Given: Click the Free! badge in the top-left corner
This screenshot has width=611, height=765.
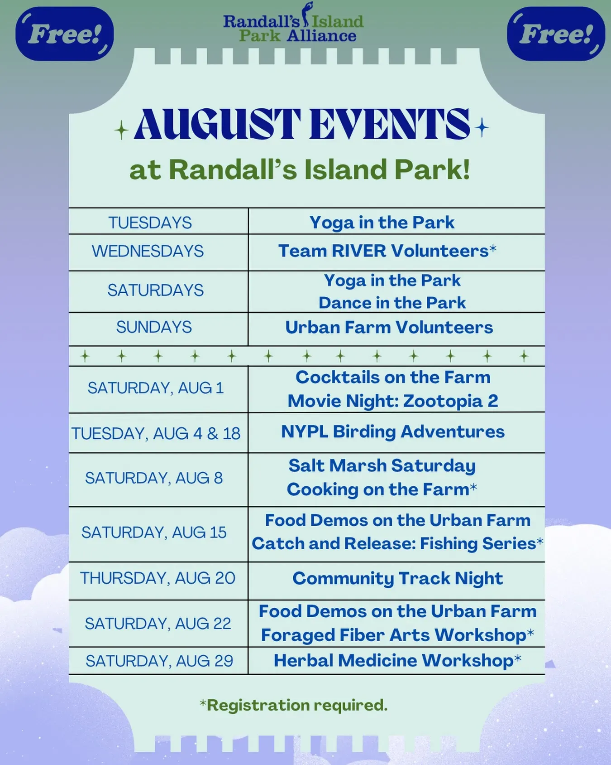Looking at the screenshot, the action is click(x=64, y=34).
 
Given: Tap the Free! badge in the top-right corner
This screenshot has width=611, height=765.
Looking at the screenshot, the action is click(x=556, y=34).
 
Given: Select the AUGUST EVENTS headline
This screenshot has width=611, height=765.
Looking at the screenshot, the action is click(x=302, y=125).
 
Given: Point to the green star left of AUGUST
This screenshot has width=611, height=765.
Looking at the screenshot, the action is click(x=121, y=131).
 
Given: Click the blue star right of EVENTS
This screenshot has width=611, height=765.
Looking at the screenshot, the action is click(x=482, y=127).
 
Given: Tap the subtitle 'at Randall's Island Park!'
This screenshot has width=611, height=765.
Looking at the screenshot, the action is click(x=300, y=170).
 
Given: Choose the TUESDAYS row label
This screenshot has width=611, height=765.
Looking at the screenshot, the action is click(x=150, y=223).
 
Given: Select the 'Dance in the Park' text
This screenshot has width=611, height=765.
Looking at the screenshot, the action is click(x=392, y=302).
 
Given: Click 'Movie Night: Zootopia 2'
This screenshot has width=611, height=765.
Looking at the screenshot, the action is click(x=393, y=401).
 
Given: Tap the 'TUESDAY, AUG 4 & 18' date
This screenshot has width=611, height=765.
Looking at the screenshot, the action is click(x=156, y=434).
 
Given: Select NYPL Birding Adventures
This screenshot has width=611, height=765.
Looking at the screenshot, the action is click(x=392, y=431).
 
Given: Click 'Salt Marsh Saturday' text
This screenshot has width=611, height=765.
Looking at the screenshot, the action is click(x=382, y=466).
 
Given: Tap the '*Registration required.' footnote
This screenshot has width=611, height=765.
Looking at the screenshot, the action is click(x=294, y=705).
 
